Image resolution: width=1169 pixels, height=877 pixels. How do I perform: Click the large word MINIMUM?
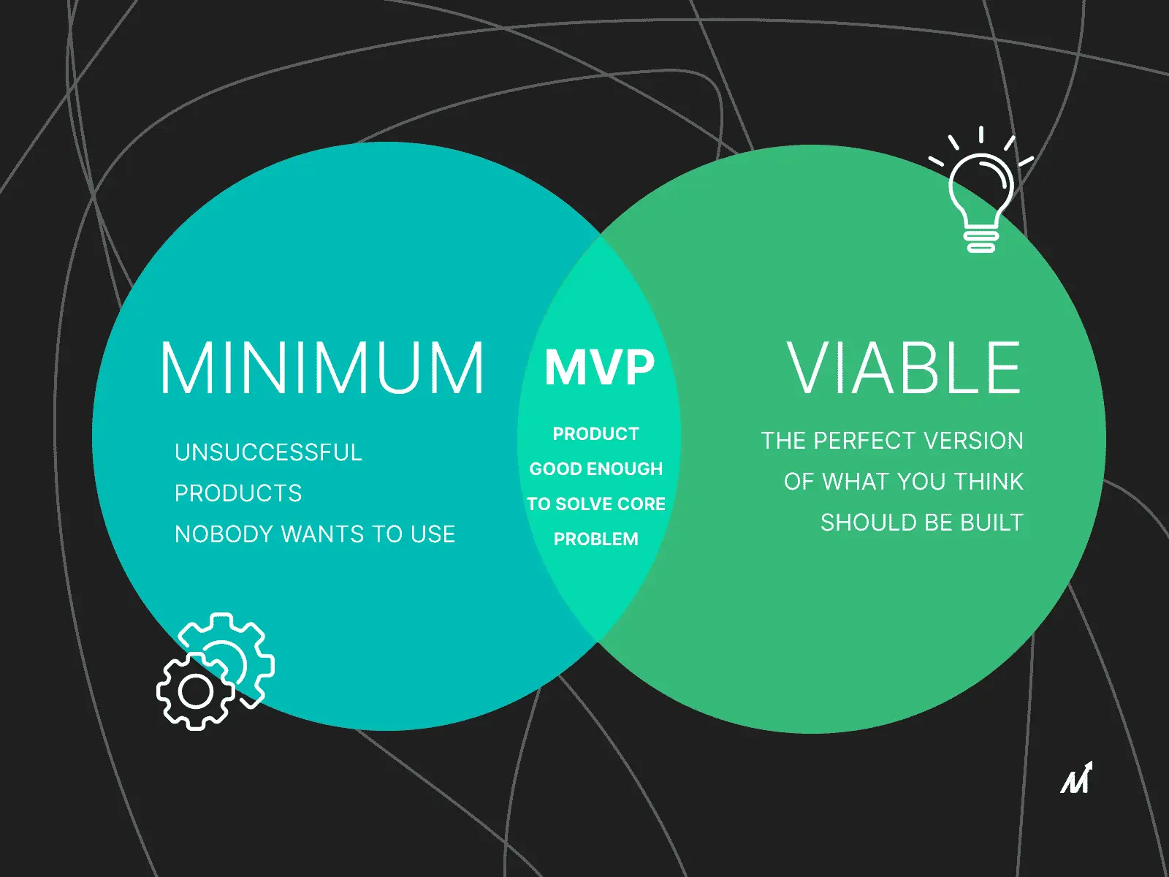click(322, 368)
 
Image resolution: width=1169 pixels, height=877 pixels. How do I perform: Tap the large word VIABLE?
click(904, 368)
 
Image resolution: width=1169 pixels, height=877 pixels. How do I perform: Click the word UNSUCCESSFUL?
click(268, 452)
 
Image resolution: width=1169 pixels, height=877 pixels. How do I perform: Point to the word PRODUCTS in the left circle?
click(238, 493)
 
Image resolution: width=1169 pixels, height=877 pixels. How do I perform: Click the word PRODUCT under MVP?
click(596, 434)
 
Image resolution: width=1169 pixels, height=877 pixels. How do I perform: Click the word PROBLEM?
click(596, 539)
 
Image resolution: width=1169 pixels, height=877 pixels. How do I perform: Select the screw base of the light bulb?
click(981, 238)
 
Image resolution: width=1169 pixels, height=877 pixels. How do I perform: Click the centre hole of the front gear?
click(196, 691)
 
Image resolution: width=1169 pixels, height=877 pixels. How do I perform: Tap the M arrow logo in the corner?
click(1076, 778)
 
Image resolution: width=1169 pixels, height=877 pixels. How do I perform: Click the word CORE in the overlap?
click(641, 504)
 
